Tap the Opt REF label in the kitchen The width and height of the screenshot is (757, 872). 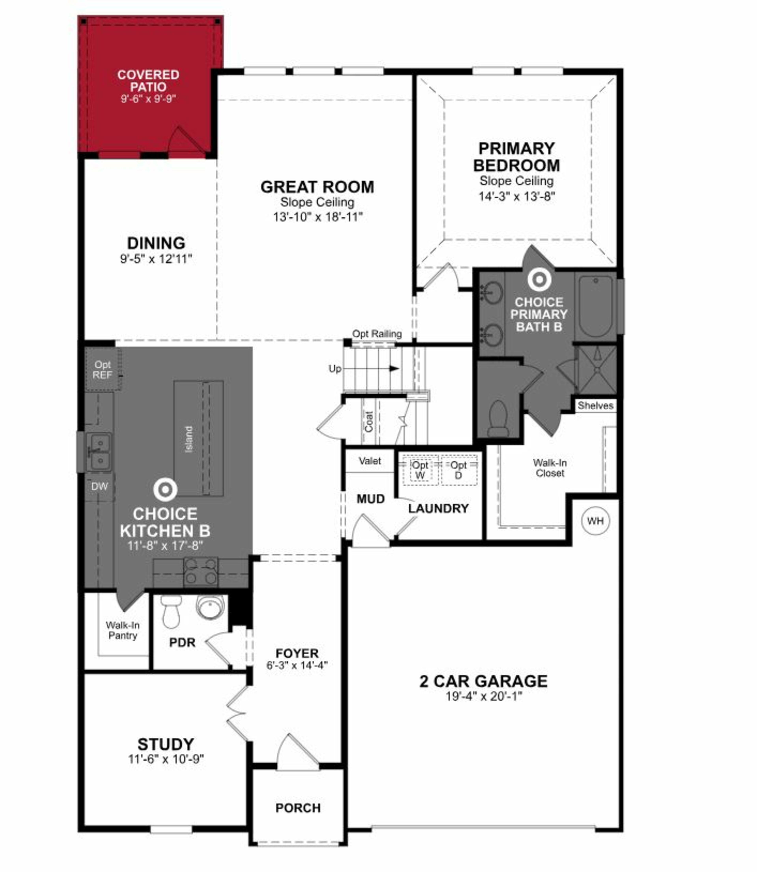[103, 370]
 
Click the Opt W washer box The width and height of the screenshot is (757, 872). [420, 470]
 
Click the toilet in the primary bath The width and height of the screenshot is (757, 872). [498, 419]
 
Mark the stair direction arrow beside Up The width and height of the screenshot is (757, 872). [393, 368]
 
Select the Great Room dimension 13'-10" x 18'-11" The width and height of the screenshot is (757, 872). [318, 217]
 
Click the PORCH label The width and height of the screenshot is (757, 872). [298, 808]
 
